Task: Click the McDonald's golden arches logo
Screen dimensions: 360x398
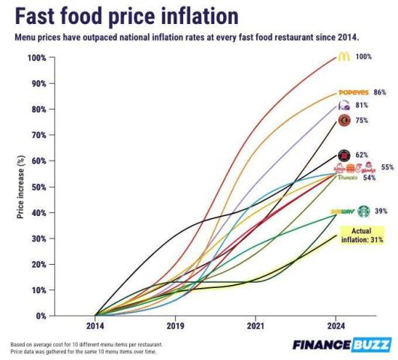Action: tap(343, 57)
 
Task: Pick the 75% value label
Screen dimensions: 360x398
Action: tap(362, 120)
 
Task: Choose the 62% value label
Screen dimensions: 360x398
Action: tap(361, 154)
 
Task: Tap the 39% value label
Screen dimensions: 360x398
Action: tap(381, 211)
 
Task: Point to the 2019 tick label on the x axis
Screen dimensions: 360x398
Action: tap(175, 327)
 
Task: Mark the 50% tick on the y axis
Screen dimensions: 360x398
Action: tap(37, 187)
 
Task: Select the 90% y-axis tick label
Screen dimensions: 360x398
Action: tap(37, 83)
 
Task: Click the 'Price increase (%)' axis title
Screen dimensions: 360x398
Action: tap(22, 187)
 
